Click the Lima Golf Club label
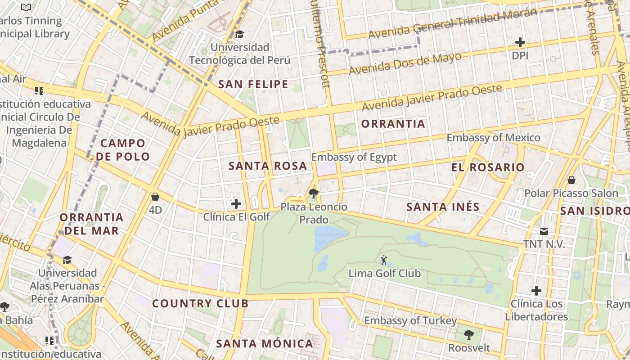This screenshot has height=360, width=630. click(x=385, y=273)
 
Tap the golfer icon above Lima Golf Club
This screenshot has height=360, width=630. click(x=384, y=260)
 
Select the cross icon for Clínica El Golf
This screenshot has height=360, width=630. click(x=236, y=204)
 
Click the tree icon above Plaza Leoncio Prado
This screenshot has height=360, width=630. click(x=314, y=194)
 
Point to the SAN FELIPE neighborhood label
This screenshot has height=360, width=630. click(x=253, y=84)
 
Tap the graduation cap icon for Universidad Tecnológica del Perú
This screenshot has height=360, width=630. click(x=239, y=34)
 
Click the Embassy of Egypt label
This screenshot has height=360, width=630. click(x=354, y=157)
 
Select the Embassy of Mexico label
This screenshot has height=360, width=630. click(x=493, y=138)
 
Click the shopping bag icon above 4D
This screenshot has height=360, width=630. click(x=155, y=197)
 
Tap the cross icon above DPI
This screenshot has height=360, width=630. click(x=520, y=42)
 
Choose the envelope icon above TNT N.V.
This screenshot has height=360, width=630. click(x=544, y=231)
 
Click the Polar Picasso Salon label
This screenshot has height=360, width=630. click(x=571, y=193)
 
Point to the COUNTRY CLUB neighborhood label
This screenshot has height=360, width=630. click(x=200, y=303)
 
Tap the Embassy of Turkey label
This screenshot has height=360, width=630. click(x=410, y=321)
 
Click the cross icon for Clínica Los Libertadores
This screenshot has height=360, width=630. click(x=536, y=290)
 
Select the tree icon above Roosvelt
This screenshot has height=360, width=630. click(x=468, y=335)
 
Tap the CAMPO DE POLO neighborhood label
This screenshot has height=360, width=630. click(x=123, y=150)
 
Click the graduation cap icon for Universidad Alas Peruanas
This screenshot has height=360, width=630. click(x=67, y=260)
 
